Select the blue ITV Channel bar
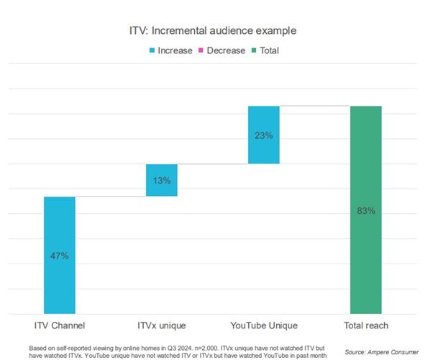[x=60, y=274]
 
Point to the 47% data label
[x=60, y=256]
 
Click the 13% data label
[x=162, y=180]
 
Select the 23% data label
[x=264, y=135]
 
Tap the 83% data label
[x=366, y=210]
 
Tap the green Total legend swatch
[x=254, y=50]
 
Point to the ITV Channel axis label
[x=60, y=326]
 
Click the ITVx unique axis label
[x=162, y=326]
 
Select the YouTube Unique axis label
[x=264, y=326]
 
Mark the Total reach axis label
[x=366, y=326]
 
